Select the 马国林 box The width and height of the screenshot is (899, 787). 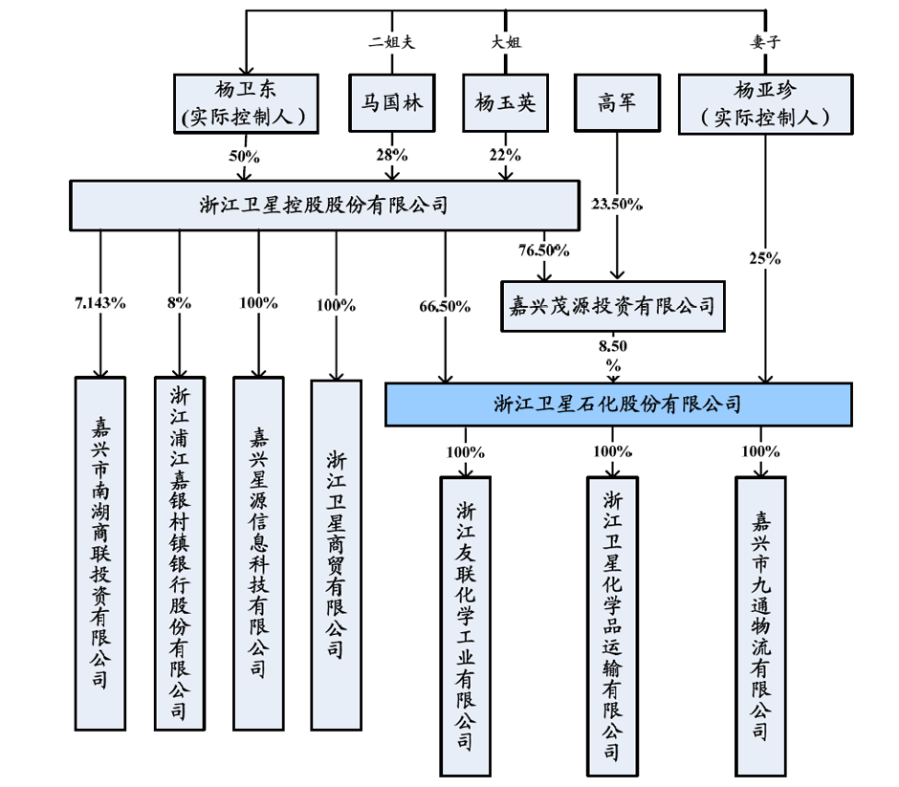point(391,103)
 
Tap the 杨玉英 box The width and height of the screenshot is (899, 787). point(505,103)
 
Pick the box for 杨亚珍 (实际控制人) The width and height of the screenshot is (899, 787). point(765,103)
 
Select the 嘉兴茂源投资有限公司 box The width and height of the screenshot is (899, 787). point(613,306)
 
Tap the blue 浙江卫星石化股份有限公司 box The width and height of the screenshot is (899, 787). point(618,404)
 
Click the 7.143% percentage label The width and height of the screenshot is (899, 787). point(99,303)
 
